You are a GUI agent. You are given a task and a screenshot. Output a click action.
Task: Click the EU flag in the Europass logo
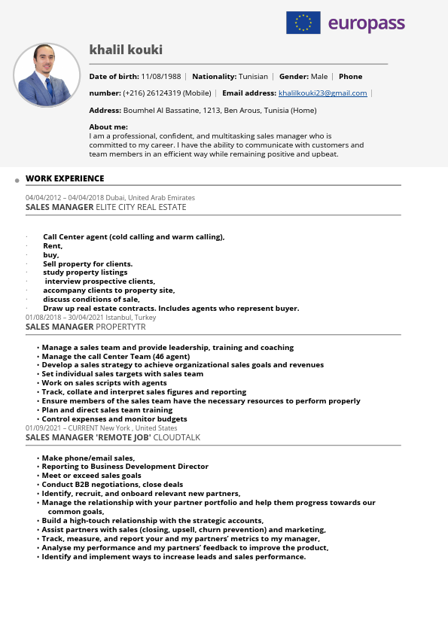click(303, 23)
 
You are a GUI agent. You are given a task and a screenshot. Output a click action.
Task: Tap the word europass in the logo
click(367, 24)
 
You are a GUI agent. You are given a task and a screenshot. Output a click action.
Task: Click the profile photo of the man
click(47, 75)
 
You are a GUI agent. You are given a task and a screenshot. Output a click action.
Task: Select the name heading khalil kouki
click(126, 50)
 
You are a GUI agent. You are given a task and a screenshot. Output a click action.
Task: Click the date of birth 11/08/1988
click(161, 77)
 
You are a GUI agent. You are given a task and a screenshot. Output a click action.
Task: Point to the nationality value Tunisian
click(253, 77)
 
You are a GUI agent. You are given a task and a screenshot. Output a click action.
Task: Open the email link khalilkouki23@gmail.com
click(322, 93)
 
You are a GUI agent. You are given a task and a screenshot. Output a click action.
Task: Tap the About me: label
click(108, 126)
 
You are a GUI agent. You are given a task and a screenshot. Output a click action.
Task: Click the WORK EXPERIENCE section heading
click(65, 178)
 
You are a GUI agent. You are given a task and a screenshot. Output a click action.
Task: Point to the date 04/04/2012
click(43, 197)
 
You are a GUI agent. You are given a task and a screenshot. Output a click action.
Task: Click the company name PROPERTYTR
click(120, 327)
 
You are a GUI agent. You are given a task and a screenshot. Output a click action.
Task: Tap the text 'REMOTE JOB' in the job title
click(123, 437)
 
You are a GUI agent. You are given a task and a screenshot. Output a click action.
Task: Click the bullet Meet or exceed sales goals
click(91, 476)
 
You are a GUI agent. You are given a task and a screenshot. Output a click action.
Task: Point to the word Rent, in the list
click(53, 246)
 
